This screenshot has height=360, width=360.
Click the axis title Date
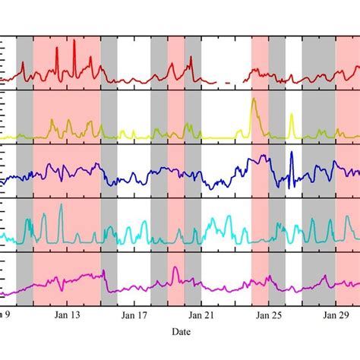coord(180,332)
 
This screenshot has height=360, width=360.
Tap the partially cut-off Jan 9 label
coord(5,313)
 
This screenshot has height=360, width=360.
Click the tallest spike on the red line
coord(74,41)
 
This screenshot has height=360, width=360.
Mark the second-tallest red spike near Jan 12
coord(58,47)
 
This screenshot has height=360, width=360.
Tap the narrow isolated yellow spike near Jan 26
coord(292,116)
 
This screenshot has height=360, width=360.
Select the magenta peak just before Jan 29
coord(325,276)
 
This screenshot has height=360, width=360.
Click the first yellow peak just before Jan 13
coord(52,122)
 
